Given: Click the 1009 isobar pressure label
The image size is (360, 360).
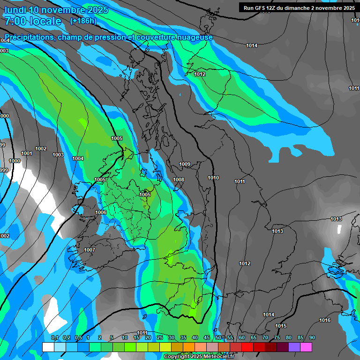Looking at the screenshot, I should [185, 164].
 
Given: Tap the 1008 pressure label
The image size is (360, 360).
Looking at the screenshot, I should [179, 180].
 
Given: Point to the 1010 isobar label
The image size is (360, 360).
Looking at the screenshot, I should [213, 178].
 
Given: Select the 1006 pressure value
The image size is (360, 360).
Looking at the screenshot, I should [101, 212].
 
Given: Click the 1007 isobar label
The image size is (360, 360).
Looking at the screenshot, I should [90, 250].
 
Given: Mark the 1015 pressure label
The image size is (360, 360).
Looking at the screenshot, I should [281, 326].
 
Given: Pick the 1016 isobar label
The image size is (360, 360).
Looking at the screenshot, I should [325, 320].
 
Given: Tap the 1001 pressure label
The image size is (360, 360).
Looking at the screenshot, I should [27, 153].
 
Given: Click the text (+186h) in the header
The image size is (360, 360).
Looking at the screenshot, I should [83, 21].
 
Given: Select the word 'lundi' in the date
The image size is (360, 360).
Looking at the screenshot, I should [15, 10].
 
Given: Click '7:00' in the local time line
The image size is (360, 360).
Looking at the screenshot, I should [15, 21].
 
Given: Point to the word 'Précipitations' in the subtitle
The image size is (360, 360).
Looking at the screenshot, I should [29, 37].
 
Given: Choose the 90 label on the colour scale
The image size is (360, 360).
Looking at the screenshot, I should [312, 337].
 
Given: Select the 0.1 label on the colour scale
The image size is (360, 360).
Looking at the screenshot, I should [55, 337].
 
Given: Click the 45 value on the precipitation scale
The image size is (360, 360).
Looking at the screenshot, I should [207, 337].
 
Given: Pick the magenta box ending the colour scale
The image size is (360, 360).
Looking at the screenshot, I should [306, 347].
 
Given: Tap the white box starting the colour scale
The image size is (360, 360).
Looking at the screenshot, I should [48, 347].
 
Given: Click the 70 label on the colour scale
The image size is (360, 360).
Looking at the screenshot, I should [265, 337].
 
